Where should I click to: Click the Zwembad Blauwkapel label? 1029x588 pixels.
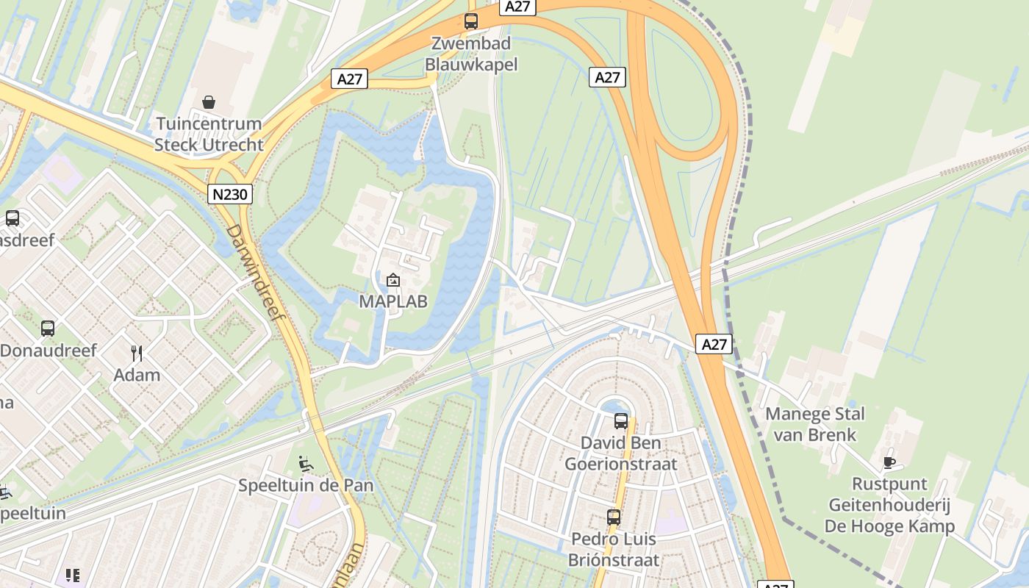[471, 54]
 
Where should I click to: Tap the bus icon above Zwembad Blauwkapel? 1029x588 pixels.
[471, 21]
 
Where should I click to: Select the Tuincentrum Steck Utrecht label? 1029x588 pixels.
[209, 134]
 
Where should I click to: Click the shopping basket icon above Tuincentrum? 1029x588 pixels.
[209, 101]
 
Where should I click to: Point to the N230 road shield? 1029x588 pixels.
[230, 194]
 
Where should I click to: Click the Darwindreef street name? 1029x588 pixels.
[254, 272]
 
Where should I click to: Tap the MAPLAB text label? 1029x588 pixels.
[393, 301]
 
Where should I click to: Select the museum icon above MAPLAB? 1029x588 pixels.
[393, 280]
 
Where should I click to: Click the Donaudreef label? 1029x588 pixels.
[49, 351]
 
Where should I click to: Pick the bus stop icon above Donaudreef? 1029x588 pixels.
[48, 329]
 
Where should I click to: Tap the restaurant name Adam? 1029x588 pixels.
[137, 375]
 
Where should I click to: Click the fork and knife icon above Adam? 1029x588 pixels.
[137, 354]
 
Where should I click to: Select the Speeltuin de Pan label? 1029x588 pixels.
[306, 486]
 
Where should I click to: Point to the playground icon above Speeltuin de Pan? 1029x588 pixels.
[306, 464]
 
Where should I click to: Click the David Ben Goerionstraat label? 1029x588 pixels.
[621, 453]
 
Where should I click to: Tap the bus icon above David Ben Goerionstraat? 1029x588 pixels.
[621, 421]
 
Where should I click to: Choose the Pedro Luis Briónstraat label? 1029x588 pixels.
[614, 549]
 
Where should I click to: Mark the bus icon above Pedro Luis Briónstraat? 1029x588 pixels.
[614, 517]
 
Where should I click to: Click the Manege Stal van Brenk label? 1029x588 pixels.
[815, 424]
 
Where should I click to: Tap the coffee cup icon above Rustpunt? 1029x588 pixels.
[889, 462]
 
